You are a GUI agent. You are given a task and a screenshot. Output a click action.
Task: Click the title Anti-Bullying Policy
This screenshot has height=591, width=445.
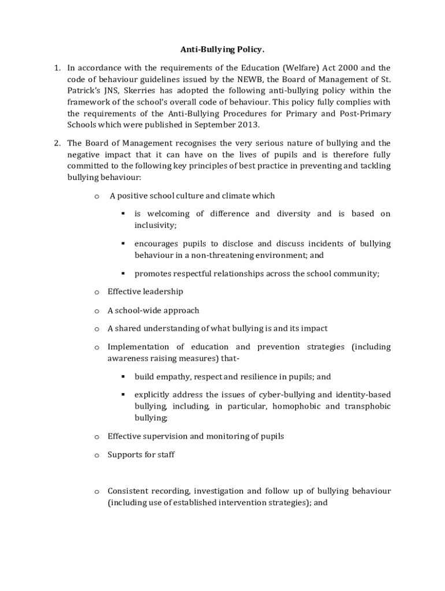[222, 50]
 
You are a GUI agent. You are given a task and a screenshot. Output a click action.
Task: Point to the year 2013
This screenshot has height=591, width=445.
[249, 125]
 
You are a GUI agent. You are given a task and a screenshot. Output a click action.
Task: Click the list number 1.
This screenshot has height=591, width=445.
[57, 68]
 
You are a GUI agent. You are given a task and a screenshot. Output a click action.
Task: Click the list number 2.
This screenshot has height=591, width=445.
[57, 143]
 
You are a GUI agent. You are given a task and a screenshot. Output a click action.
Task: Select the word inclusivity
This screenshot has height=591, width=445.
[154, 225]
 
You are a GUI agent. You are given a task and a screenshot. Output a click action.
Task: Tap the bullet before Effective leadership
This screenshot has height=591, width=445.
[97, 292]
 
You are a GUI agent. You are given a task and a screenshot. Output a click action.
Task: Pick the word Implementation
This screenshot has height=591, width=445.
[138, 347]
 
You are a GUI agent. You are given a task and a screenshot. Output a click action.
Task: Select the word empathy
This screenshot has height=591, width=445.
[170, 377]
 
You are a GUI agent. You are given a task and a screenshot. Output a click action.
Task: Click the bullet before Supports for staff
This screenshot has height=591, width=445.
[97, 455]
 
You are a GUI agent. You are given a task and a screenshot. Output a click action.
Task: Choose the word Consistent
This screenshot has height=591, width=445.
[129, 491]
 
